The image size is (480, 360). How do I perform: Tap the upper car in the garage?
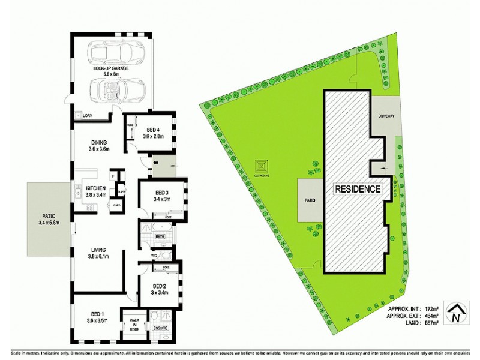pos(118,52)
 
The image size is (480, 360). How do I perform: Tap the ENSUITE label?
pos(160,328)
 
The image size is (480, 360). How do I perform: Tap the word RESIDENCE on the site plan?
pos(358,189)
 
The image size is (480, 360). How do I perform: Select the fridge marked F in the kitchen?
pos(112,176)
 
